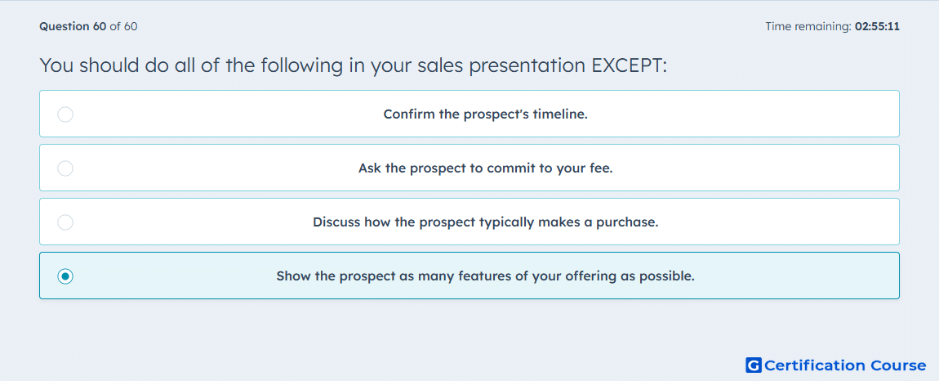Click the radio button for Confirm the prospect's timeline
65,114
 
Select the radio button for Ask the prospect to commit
65,168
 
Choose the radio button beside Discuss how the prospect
65,222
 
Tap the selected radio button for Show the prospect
65,276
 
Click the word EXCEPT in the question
629,65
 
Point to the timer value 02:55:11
877,26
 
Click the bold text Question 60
73,26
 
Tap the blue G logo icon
754,365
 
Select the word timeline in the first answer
563,114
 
